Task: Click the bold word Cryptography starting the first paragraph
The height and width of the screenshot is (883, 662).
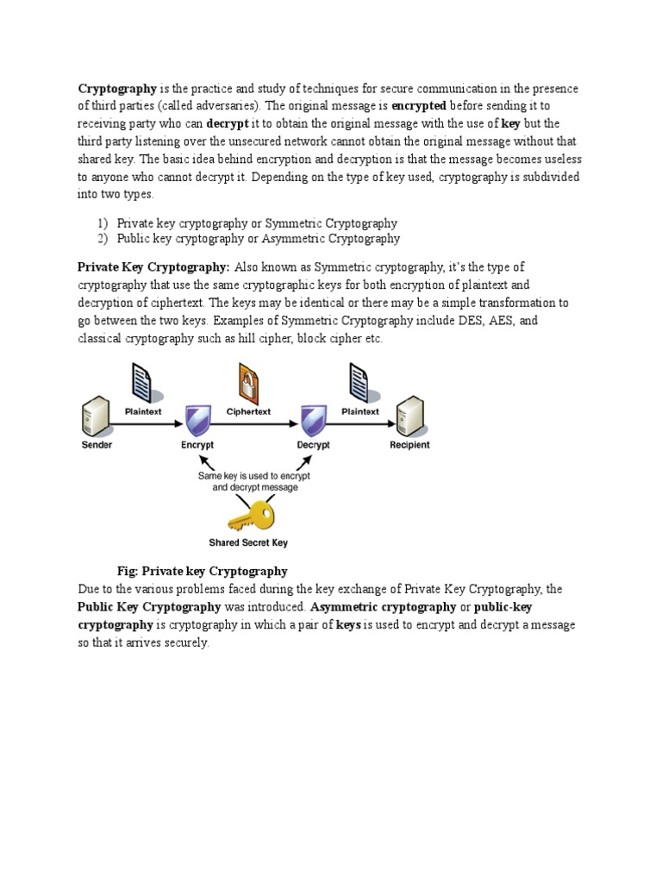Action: click(117, 89)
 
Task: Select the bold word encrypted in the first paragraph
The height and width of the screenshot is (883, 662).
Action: click(418, 106)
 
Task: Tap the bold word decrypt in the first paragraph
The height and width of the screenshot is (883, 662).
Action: click(228, 124)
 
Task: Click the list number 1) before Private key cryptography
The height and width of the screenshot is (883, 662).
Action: click(102, 222)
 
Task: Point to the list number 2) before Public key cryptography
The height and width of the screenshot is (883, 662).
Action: click(102, 239)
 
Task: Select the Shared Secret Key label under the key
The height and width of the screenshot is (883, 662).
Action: click(248, 543)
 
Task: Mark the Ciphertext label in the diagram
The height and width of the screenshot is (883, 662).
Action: click(248, 411)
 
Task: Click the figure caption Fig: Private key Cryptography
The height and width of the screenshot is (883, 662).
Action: click(202, 571)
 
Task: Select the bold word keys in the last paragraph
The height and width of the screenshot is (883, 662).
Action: click(348, 625)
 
